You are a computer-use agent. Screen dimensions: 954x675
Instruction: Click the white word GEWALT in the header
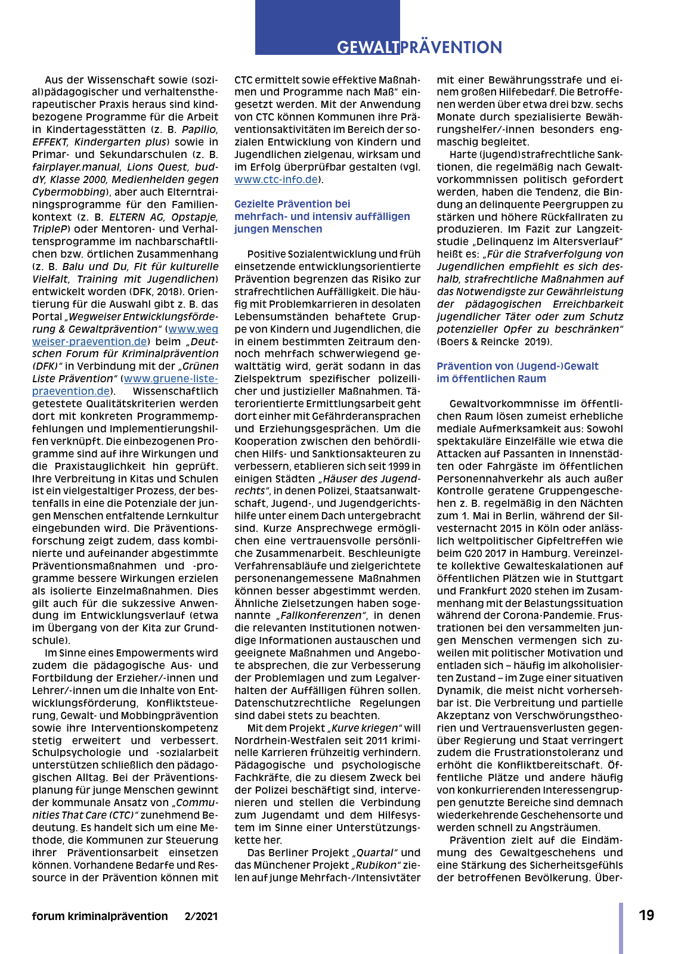click(x=368, y=48)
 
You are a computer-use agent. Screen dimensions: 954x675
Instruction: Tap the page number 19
click(x=646, y=915)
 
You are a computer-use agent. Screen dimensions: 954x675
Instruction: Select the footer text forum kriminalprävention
click(x=100, y=916)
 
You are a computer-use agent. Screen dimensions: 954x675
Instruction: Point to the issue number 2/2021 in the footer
click(x=202, y=916)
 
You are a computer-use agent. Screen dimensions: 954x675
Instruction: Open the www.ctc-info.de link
click(x=276, y=179)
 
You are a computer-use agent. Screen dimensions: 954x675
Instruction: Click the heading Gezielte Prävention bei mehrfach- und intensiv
click(x=322, y=216)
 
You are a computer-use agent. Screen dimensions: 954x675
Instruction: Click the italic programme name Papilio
click(x=200, y=129)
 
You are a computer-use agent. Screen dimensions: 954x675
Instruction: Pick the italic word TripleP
click(x=50, y=229)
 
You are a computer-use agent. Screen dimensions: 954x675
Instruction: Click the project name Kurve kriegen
click(x=365, y=728)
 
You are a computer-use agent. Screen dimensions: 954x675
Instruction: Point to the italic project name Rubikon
click(x=377, y=865)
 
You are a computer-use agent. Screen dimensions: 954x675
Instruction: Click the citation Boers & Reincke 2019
click(x=494, y=342)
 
